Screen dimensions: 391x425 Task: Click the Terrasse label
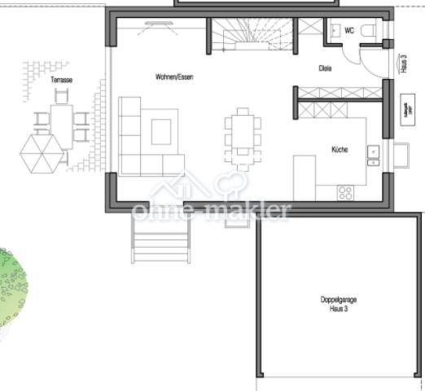point(62,81)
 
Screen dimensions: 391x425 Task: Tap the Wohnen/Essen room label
point(174,77)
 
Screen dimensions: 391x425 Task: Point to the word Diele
point(326,68)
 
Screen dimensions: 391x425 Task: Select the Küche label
point(340,149)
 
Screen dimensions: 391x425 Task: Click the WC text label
point(349,30)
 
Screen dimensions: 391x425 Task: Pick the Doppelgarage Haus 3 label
point(338,304)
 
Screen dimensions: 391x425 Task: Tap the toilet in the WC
point(367,30)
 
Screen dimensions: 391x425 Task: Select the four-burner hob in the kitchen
point(345,193)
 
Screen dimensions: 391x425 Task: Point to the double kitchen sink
point(373,152)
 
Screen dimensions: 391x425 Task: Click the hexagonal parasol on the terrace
point(42,152)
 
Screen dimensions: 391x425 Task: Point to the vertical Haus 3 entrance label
point(405,64)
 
